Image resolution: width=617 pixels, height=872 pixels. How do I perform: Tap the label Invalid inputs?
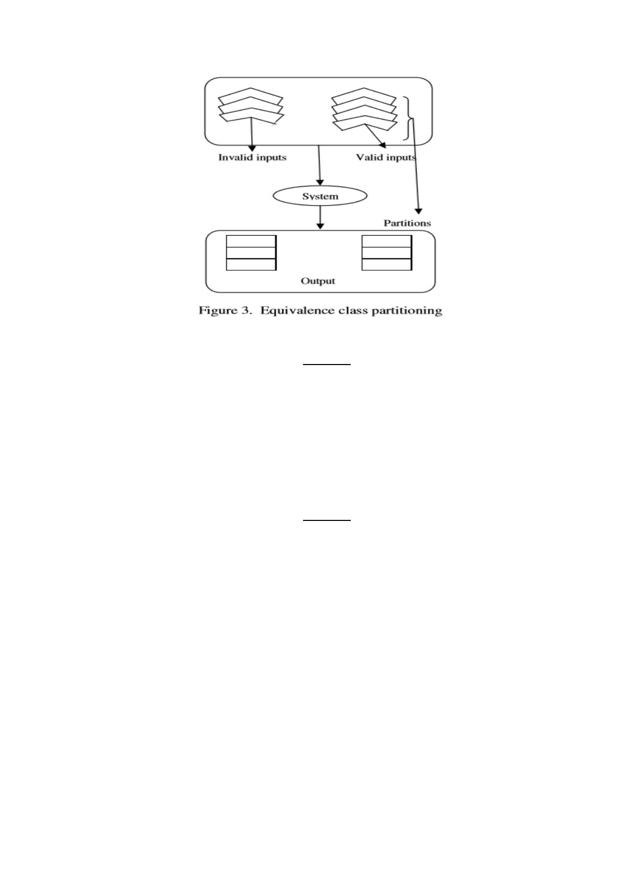(252, 157)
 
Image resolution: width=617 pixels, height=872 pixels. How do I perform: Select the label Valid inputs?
(386, 157)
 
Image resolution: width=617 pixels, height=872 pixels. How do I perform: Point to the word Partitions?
(407, 223)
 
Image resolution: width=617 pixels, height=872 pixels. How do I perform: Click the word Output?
(318, 281)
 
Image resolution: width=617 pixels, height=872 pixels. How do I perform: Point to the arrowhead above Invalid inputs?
(252, 148)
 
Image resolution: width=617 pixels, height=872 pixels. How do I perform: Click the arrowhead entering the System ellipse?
(320, 183)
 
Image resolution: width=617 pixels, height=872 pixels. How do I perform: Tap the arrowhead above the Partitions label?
(419, 211)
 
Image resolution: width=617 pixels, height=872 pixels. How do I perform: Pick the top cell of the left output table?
(251, 241)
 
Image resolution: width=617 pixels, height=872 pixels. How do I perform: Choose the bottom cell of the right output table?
(386, 264)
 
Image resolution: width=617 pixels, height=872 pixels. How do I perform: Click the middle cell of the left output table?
(251, 253)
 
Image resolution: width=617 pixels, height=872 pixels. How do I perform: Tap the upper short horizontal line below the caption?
(327, 365)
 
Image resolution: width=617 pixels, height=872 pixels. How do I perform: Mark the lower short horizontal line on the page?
(327, 520)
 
